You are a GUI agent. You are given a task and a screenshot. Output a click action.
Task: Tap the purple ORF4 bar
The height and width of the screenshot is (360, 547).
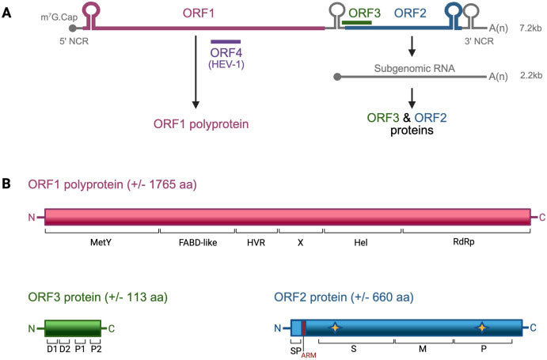[226, 41]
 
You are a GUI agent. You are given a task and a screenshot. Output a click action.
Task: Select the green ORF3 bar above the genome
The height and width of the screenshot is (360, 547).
[358, 23]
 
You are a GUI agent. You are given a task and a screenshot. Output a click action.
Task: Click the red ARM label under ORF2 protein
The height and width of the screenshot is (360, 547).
[308, 355]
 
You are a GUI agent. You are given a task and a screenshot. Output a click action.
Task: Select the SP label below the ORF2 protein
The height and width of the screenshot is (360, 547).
[295, 350]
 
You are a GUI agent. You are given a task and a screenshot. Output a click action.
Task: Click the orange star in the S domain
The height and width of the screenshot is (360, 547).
[336, 328]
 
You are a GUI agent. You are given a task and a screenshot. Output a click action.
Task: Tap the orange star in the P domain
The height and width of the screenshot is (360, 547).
[482, 328]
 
